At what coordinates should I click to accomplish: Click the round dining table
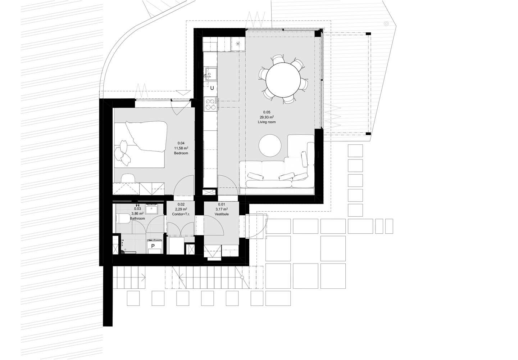coord(283,80)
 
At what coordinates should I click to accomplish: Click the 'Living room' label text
coord(267,122)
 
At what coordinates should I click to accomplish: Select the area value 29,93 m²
coord(267,117)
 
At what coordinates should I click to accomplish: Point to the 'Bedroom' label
coord(181,153)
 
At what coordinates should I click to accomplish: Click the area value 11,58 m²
coord(181,148)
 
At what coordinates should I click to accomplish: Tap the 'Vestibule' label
coord(222,214)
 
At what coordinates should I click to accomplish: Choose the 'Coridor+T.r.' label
coord(181,214)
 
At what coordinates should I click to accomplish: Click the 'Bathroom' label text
coord(137,219)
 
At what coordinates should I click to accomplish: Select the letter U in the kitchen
coord(212,88)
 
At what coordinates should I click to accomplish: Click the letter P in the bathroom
coord(153,246)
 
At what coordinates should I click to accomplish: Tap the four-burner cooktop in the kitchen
coord(211,104)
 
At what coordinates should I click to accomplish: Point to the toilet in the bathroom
coord(123,219)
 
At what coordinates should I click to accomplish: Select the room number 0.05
coord(267,112)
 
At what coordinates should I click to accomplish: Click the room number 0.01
coord(222,204)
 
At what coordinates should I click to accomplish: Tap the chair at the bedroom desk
coord(128,178)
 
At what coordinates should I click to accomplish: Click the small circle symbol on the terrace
coord(386,24)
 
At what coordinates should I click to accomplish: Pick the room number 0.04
coord(181,143)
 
